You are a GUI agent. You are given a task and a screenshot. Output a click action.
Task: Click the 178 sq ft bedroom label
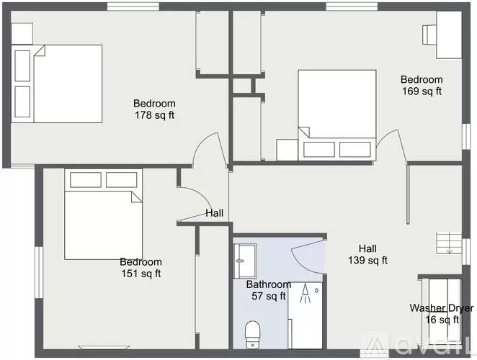pyautogui.click(x=154, y=109)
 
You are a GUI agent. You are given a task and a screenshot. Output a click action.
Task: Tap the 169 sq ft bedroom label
pyautogui.click(x=422, y=85)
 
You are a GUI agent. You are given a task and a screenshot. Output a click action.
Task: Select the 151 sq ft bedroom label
pyautogui.click(x=141, y=268)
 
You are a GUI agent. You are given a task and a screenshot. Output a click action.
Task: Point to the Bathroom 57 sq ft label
pyautogui.click(x=269, y=290)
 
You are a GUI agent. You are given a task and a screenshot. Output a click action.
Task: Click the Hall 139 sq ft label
pyautogui.click(x=367, y=254)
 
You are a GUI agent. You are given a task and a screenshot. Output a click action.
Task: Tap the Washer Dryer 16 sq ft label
pyautogui.click(x=442, y=313)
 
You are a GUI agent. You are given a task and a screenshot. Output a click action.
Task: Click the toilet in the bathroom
pyautogui.click(x=252, y=335)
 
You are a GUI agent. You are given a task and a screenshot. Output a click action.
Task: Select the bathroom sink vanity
pyautogui.click(x=245, y=261)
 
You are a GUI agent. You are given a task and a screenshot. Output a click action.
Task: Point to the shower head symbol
pyautogui.click(x=305, y=294)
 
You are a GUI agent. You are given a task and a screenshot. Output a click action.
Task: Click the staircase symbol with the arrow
pyautogui.click(x=449, y=243)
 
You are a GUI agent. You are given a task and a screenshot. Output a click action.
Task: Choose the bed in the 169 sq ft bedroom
pyautogui.click(x=337, y=115)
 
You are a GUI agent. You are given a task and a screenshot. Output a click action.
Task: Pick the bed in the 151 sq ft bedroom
pyautogui.click(x=104, y=214)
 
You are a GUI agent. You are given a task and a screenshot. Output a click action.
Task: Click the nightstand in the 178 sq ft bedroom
pyautogui.click(x=22, y=34)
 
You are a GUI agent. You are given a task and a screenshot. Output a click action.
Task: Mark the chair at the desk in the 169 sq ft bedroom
pyautogui.click(x=429, y=35)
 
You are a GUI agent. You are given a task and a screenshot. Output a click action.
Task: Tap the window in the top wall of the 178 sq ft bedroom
pyautogui.click(x=133, y=6)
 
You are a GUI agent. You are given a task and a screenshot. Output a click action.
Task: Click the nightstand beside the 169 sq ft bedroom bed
pyautogui.click(x=287, y=150)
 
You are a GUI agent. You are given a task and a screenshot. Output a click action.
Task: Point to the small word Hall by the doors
pyautogui.click(x=215, y=213)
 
